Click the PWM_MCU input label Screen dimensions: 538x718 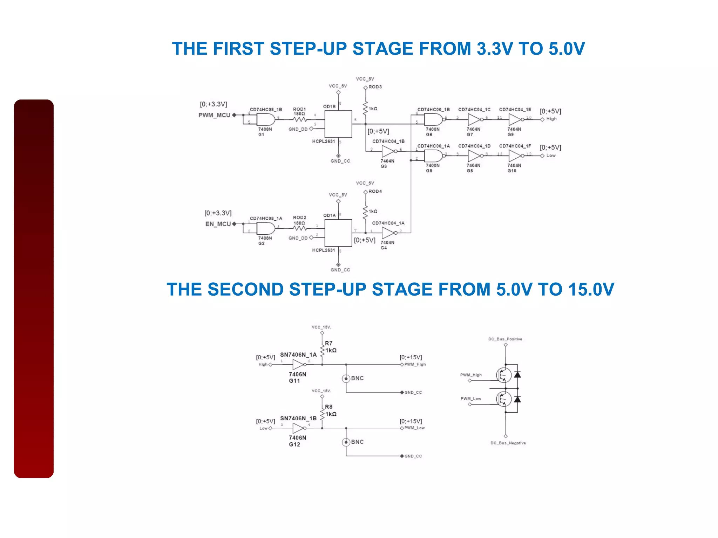[214, 115]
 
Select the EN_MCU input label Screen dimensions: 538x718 [218, 224]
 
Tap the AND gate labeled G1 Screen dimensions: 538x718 [265, 120]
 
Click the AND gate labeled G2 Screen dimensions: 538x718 [265, 229]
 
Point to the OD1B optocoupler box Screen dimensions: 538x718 [338, 124]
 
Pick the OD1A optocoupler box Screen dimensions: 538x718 [338, 233]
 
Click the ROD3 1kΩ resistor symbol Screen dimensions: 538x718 [365, 108]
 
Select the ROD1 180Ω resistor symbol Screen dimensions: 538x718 [300, 119]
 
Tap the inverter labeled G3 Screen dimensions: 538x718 [388, 151]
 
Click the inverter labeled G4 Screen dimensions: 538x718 [388, 233]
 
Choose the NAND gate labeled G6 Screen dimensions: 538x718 [433, 120]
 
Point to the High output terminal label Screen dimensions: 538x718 [551, 119]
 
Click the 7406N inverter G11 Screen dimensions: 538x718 [298, 365]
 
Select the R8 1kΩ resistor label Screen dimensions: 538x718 [330, 411]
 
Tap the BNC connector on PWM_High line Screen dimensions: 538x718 [346, 379]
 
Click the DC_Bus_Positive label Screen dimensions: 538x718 [505, 339]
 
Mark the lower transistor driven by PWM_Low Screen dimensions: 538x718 [504, 399]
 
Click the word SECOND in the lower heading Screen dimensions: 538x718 [245, 290]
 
